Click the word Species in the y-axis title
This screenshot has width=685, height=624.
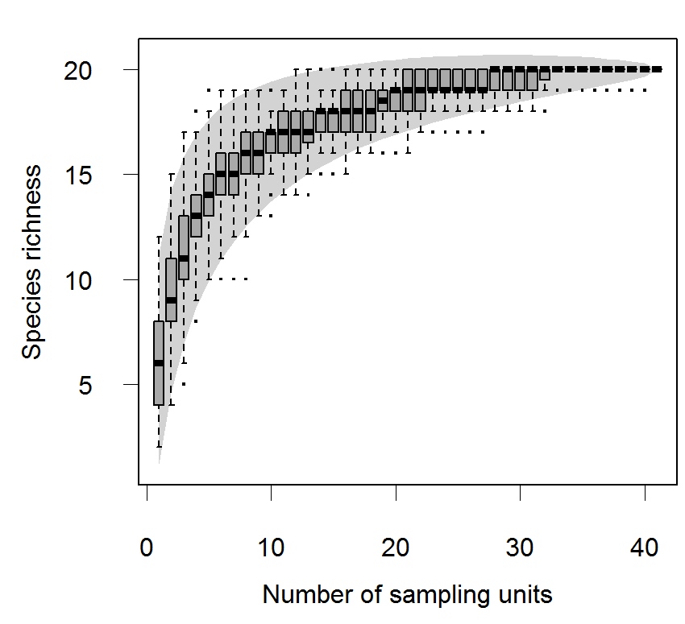[x=33, y=315]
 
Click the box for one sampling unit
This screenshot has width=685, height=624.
[x=159, y=378]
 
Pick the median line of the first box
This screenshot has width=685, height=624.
[x=159, y=363]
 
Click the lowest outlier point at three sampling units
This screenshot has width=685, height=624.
[x=184, y=384]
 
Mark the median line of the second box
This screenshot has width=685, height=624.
[x=171, y=300]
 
